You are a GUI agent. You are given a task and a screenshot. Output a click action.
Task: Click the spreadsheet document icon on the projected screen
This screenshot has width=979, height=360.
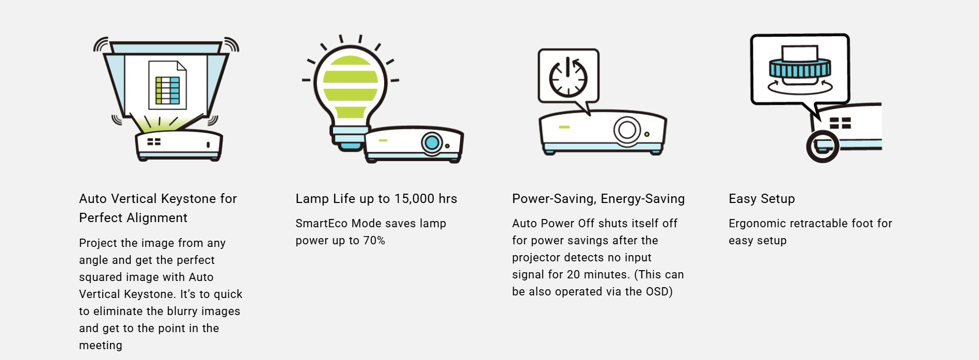[167, 85]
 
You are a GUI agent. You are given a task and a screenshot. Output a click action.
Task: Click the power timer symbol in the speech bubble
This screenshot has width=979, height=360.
[568, 77]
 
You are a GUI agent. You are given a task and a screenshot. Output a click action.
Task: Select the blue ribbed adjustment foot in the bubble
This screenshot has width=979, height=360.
[800, 69]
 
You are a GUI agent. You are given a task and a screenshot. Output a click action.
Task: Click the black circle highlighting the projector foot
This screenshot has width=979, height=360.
[823, 147]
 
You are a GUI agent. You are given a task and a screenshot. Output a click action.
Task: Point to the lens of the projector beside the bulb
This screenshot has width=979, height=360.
[432, 142]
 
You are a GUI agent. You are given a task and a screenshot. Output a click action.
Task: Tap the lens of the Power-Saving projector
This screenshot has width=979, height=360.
[627, 129]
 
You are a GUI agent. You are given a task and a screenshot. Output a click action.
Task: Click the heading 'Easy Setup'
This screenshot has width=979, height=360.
[762, 199]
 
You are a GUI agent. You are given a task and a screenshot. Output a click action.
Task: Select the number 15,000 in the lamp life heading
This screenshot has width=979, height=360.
[414, 199]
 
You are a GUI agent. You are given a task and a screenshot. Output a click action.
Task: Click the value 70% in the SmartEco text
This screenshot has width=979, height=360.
[374, 241]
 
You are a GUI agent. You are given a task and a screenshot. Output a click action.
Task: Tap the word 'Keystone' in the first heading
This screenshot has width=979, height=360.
[188, 199]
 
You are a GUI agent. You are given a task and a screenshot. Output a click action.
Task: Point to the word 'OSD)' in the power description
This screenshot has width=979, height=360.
[659, 292]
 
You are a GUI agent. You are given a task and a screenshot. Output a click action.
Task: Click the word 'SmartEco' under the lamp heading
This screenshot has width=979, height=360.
[321, 224]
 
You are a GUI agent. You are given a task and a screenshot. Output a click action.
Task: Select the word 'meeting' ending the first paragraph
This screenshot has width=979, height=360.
[101, 346]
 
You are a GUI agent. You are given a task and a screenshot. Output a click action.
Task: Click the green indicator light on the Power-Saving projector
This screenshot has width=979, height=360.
[564, 127]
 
